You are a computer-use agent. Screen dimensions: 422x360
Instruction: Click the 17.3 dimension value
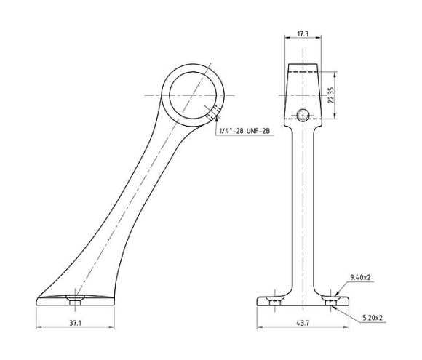(303, 34)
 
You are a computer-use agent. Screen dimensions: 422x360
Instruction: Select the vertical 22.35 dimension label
(331, 95)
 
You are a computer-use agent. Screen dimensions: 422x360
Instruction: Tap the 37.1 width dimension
(76, 323)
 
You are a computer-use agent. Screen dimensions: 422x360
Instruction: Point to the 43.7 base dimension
(303, 323)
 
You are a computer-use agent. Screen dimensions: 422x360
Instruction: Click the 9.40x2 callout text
(361, 277)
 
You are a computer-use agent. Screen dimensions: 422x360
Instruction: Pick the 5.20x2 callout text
(373, 318)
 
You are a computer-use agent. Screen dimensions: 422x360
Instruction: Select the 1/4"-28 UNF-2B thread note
(244, 131)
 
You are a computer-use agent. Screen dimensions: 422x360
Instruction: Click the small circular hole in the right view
(303, 116)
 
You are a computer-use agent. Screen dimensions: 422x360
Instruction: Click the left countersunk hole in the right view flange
(275, 301)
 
